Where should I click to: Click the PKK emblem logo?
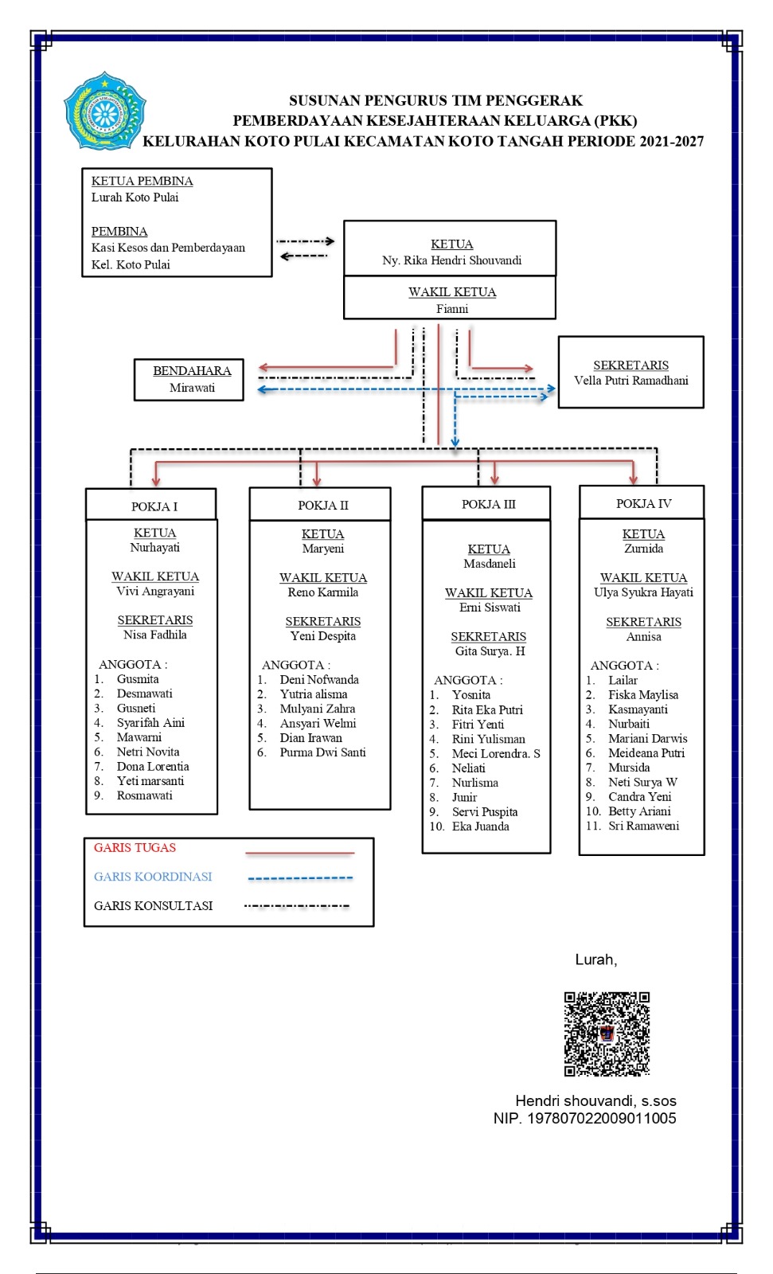point(104,111)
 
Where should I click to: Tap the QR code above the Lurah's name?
point(607,1034)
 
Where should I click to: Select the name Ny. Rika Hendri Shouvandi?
point(451,260)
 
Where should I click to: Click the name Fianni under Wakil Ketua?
point(452,309)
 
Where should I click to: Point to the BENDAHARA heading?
point(192,371)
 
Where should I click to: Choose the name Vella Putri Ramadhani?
point(631,381)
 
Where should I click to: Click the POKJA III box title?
point(489,505)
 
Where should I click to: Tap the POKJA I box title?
point(154,506)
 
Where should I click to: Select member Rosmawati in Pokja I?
point(144,795)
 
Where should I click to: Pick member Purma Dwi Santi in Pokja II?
point(322,752)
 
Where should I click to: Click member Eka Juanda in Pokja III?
point(481,827)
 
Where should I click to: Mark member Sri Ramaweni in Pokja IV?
point(644,826)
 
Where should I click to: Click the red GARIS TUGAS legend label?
point(135,848)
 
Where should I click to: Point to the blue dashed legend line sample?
point(300,878)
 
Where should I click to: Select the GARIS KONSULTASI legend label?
point(153,906)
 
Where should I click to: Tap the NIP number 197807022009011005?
point(602,1119)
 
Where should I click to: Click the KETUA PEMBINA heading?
point(142,181)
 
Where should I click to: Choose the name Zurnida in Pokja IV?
point(643,549)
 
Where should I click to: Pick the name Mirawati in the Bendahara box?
point(192,388)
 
